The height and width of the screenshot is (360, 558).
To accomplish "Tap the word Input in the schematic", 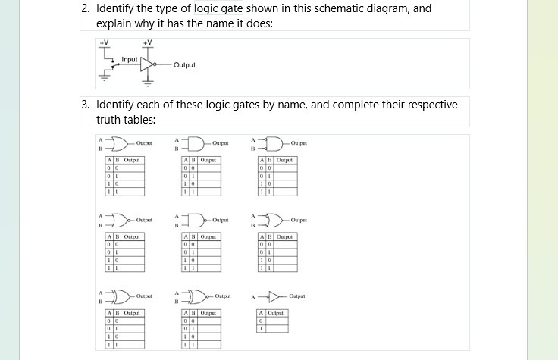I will pos(130,59).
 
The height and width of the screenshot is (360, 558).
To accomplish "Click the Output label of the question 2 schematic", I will pos(184,65).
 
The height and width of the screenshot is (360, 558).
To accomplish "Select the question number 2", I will pos(85,9).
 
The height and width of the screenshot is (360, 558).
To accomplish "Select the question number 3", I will pos(85,105).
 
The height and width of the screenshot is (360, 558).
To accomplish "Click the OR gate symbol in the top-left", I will pos(118,142).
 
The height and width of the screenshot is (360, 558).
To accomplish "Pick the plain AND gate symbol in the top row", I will pos(195,142).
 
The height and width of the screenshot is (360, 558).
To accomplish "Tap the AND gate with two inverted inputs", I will pos(274,142).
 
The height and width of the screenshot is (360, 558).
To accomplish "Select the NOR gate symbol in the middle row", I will pos(118,220).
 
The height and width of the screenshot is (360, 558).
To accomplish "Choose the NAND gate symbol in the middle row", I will pos(196,220).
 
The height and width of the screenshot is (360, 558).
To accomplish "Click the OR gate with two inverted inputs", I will pos(274,220).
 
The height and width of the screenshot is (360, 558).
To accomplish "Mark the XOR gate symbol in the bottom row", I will pos(119,296).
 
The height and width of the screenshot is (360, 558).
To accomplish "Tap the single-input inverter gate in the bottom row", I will pos(274,296).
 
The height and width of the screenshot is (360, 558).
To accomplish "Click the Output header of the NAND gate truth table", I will pos(207,236).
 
